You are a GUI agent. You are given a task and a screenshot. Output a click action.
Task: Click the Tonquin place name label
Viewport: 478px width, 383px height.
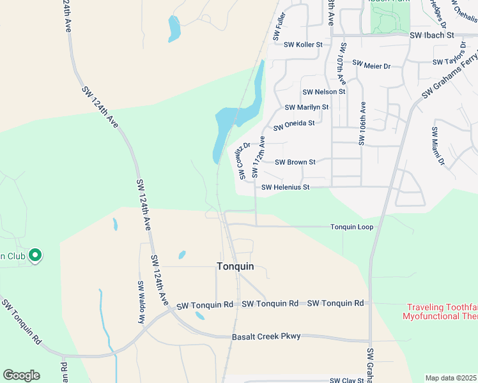pos(235,266)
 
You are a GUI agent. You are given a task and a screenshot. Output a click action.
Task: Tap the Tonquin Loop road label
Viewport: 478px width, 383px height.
pos(351,227)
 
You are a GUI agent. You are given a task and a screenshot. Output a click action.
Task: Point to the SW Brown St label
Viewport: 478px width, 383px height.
pos(295,162)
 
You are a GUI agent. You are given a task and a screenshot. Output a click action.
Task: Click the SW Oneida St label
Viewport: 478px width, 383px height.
pos(294,124)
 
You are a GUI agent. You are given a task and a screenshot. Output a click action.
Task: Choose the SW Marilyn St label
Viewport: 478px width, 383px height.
pos(307,107)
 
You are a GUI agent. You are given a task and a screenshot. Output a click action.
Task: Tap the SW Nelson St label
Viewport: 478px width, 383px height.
pos(324,92)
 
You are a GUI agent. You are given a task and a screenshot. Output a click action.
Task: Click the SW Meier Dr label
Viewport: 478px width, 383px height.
pos(371,65)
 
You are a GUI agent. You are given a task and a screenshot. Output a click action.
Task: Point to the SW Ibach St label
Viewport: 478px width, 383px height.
pos(431,35)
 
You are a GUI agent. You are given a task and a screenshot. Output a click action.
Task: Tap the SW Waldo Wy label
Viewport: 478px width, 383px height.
pos(141,303)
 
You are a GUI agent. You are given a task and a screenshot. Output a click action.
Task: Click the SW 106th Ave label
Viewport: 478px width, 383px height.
pos(362,124)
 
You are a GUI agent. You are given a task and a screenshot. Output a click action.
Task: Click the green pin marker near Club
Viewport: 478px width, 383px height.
pos(36,256)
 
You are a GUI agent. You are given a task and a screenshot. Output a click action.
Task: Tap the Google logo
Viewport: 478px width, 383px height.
pos(21,375)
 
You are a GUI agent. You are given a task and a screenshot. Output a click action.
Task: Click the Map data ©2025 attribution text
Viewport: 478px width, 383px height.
pos(451,378)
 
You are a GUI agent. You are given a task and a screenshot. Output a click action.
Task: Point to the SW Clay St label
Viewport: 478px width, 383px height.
pos(347,380)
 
